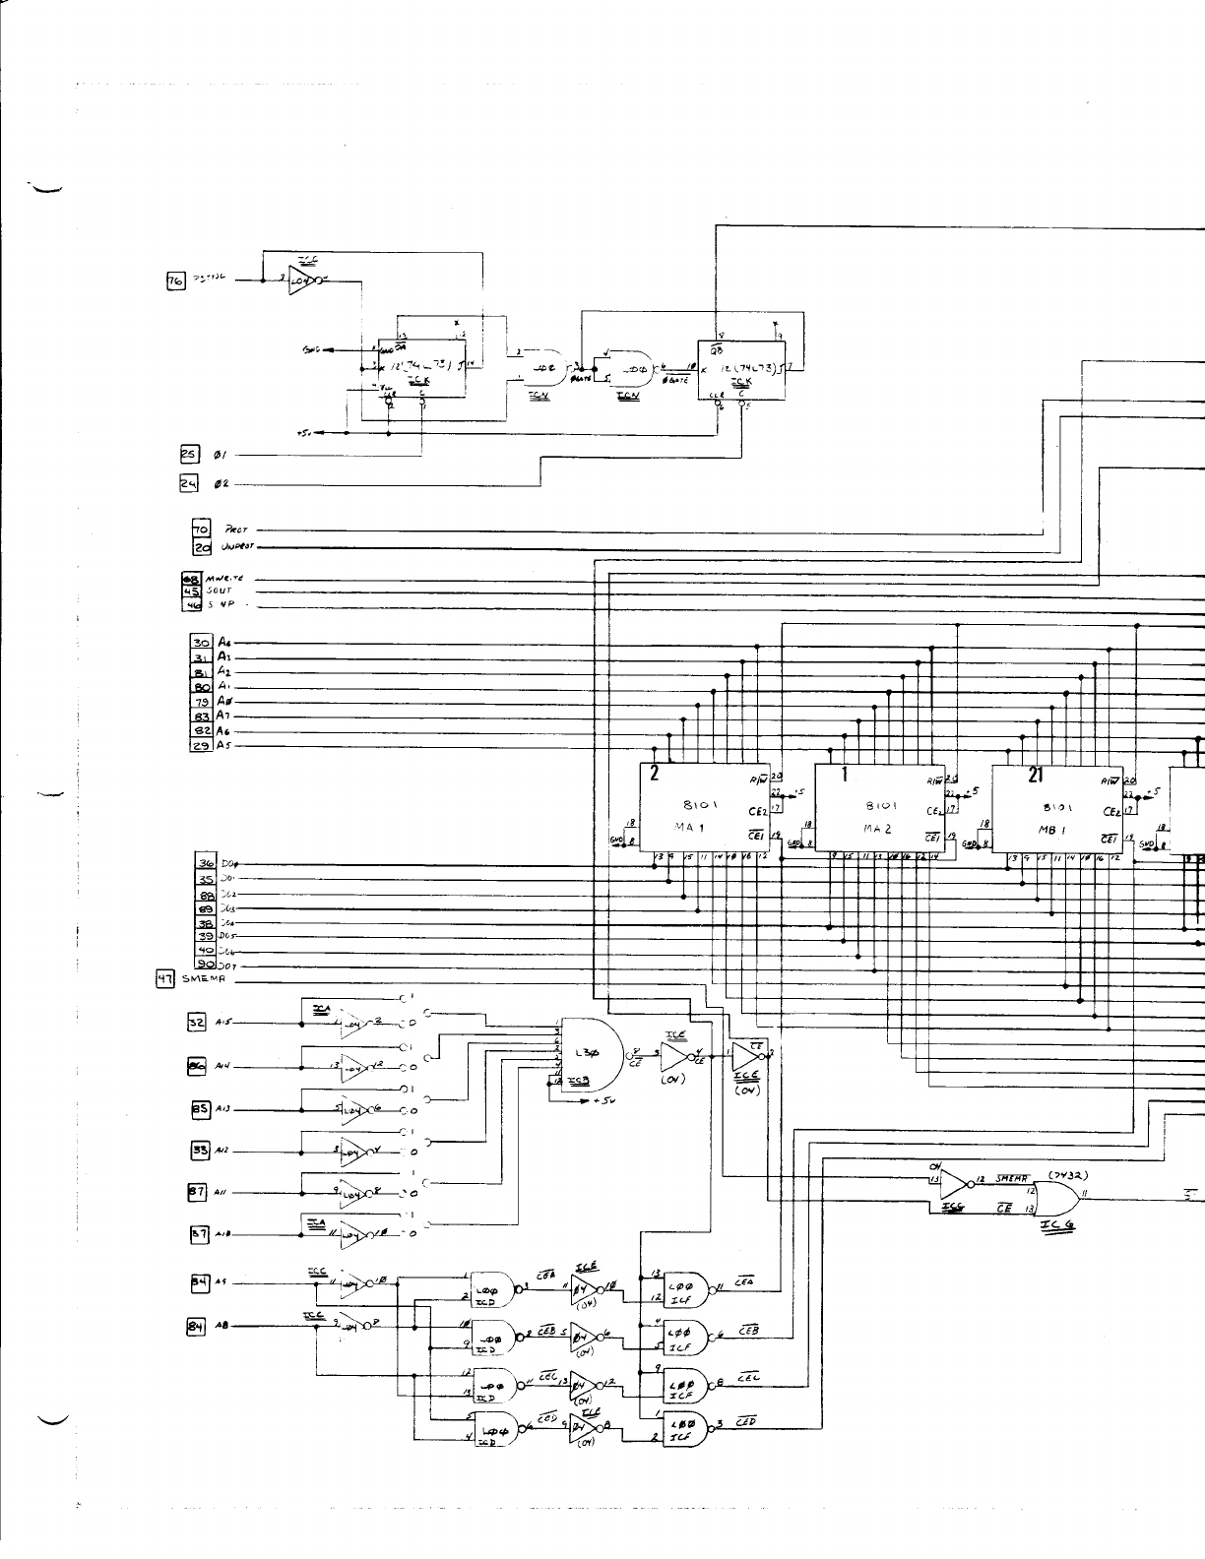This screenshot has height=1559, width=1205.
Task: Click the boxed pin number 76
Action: [x=177, y=280]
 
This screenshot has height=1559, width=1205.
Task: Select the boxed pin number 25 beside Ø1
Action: [x=189, y=455]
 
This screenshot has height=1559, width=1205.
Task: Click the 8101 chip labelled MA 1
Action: [x=706, y=808]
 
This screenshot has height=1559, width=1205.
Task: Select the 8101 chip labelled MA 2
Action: [x=880, y=808]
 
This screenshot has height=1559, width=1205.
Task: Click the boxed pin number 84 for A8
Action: [x=195, y=1327]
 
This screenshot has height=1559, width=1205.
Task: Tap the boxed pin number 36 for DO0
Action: [x=207, y=864]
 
